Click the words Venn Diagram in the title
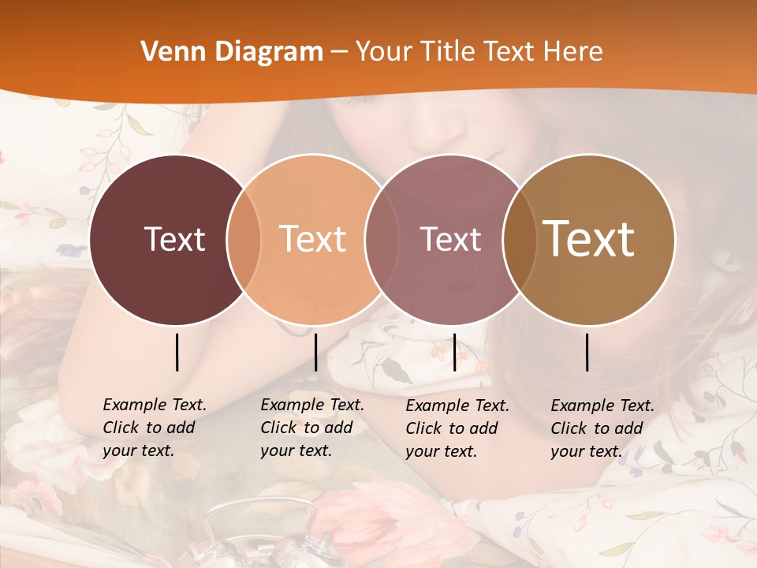click(x=232, y=52)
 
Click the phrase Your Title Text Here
click(x=479, y=52)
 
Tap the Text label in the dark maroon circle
click(x=174, y=239)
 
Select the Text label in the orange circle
click(x=313, y=239)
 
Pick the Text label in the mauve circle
click(x=450, y=239)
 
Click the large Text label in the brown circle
click(x=589, y=239)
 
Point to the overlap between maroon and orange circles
click(x=244, y=240)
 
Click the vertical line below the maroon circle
click(x=177, y=352)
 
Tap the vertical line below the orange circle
click(x=315, y=352)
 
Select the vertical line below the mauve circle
click(x=454, y=352)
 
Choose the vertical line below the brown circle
click(x=587, y=352)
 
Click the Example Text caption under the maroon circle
click(x=154, y=428)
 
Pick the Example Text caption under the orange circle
click(x=311, y=428)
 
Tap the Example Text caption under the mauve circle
click(x=457, y=428)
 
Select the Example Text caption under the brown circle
click(x=602, y=428)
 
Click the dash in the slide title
click(x=339, y=53)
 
